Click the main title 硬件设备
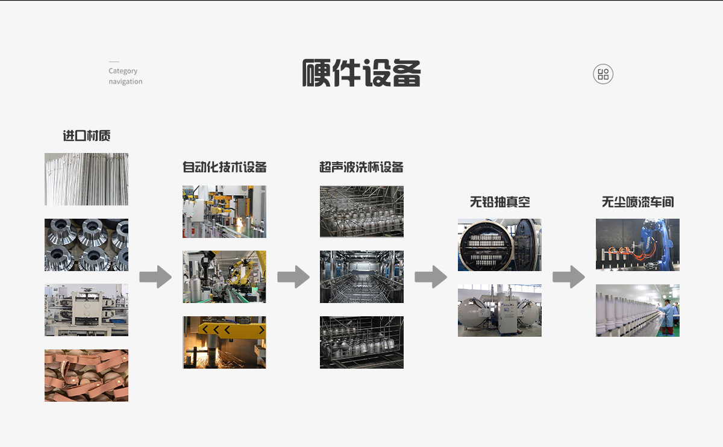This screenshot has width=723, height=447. point(361,73)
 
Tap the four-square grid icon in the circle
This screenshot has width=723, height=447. point(603,74)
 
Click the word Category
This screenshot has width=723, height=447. point(123,71)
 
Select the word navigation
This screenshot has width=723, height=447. point(125,81)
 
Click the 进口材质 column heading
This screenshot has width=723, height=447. point(87,136)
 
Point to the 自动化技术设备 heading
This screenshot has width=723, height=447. point(224,167)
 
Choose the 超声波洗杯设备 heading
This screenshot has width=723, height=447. point(361,167)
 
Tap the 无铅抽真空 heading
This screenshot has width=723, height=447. point(499,202)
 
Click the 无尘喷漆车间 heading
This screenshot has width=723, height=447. point(637,202)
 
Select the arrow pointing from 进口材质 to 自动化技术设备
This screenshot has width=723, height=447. point(155,277)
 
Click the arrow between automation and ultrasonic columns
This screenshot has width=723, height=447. point(293,277)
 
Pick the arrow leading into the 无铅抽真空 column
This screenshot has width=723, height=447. point(431,277)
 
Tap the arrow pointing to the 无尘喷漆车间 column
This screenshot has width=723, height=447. point(569,277)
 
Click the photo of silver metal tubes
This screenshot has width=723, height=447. point(86,179)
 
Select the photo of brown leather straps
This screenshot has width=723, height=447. point(86,375)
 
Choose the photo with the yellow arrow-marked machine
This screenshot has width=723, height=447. point(224,342)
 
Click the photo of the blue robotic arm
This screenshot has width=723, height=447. point(637,245)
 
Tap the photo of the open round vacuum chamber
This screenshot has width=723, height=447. point(499,245)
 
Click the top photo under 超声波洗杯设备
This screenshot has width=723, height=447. point(361,211)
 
